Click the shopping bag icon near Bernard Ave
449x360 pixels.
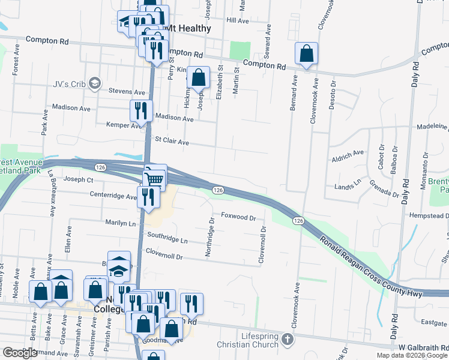(306, 53)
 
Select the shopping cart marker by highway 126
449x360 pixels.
(154, 178)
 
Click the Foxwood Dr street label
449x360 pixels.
(238, 217)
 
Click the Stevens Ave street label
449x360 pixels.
(127, 92)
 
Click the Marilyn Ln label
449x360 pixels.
(121, 223)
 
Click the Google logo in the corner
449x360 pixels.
(20, 353)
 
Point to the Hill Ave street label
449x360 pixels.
(237, 20)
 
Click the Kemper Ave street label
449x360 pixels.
(122, 125)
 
